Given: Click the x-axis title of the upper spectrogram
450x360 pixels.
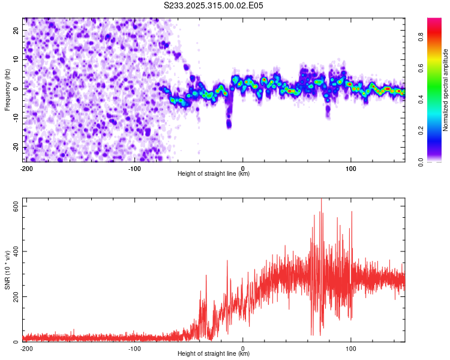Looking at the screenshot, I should [214, 173].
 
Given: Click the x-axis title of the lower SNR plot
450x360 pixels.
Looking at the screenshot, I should [214, 353].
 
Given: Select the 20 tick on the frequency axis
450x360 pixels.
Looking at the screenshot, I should [16, 30].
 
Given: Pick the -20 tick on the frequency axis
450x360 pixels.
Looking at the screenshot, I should [15, 148].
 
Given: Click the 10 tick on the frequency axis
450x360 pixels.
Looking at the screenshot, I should [16, 59].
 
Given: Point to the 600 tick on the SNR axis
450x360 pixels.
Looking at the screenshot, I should [13, 206].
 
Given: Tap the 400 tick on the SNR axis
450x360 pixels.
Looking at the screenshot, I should [13, 251].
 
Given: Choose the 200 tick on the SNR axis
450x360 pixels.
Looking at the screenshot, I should [13, 296].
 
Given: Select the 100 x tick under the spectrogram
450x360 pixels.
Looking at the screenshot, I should [350, 168].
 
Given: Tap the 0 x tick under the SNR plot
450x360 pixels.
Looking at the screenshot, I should [242, 348].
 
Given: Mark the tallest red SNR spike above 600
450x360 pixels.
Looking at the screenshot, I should [321, 200].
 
